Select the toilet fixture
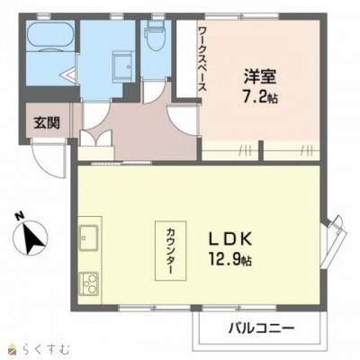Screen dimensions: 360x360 pyautogui.click(x=154, y=38)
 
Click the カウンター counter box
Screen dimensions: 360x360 pyautogui.click(x=171, y=246)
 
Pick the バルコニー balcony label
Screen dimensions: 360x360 pyautogui.click(x=260, y=328)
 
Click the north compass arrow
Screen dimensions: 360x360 pyautogui.click(x=34, y=238)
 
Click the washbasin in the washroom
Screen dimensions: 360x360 pyautogui.click(x=120, y=65)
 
